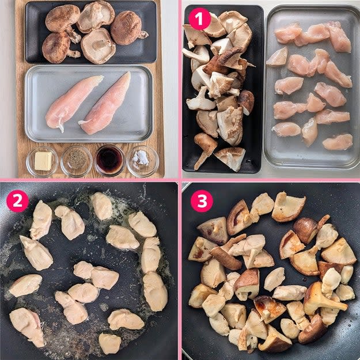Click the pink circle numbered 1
[x=199, y=19]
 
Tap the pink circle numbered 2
[x=18, y=201]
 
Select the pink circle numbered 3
[x=202, y=201]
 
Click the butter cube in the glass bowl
[x=43, y=161]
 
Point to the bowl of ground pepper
[x=76, y=161]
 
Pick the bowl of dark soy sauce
[x=109, y=160]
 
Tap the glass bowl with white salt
[x=143, y=161]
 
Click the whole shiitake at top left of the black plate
[x=62, y=18]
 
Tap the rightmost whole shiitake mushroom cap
[x=128, y=28]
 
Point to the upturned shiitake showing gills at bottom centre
[x=98, y=46]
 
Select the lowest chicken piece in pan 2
[x=110, y=343]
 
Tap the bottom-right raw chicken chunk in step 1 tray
[x=338, y=142]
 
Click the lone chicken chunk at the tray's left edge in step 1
[x=277, y=56]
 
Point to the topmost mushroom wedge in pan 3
[x=289, y=207]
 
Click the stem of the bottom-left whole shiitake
[x=74, y=54]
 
